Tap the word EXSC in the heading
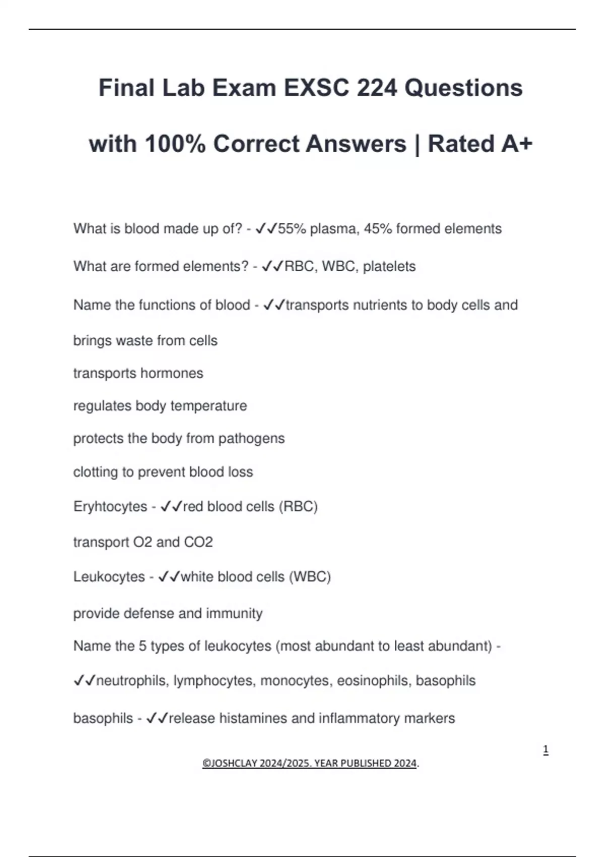tap(316, 88)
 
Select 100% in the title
tap(175, 144)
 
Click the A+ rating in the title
tap(517, 144)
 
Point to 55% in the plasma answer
tap(292, 229)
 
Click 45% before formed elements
tap(378, 229)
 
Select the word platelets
tap(389, 266)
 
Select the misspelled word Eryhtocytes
tap(110, 506)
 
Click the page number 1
tap(546, 750)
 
